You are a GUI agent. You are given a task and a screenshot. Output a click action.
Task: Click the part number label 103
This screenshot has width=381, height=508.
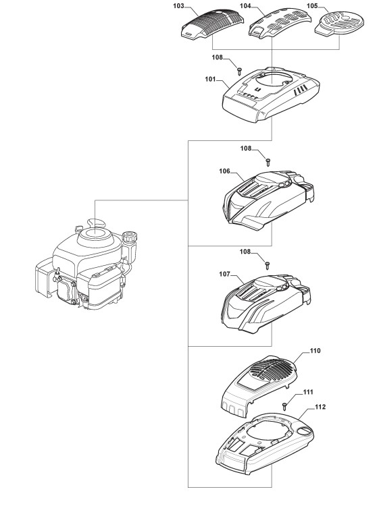tap(188, 6)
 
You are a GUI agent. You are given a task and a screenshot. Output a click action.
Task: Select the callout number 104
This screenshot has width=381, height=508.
tap(245, 6)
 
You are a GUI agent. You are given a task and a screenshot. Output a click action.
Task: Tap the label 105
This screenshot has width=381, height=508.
tap(312, 6)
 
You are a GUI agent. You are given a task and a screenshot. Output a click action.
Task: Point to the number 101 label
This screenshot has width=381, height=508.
tap(210, 79)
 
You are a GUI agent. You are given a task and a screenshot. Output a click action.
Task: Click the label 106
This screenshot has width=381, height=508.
tap(224, 171)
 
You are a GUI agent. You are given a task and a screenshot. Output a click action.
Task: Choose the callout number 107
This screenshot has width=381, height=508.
tap(224, 274)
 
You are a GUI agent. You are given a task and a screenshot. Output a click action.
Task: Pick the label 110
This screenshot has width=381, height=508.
tap(315, 351)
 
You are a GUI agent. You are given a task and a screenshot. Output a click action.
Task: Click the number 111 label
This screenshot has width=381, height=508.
tap(308, 392)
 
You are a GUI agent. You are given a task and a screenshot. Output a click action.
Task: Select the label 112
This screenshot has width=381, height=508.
tap(320, 407)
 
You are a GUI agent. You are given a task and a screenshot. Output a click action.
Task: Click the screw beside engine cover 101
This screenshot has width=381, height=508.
tap(240, 69)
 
